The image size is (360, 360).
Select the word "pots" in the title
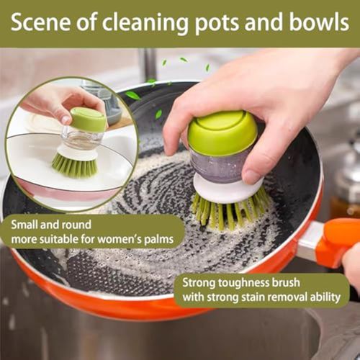(x=218, y=23)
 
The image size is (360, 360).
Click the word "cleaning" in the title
(x=141, y=23)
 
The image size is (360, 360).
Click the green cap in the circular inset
(x=88, y=119)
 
